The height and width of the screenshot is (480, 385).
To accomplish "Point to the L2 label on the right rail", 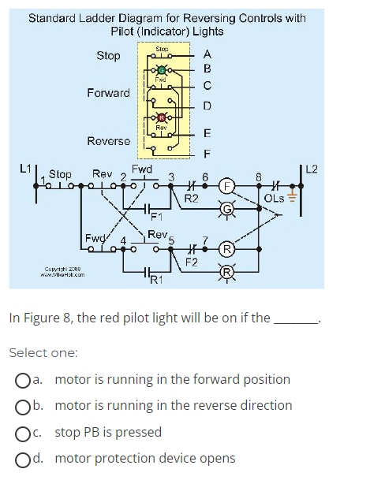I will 312,167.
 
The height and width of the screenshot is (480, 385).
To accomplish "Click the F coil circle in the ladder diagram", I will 226,189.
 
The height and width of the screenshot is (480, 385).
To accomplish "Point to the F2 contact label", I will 192,260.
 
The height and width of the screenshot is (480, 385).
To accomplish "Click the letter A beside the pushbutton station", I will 207,55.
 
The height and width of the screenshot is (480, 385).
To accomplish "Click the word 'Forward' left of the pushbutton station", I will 108,93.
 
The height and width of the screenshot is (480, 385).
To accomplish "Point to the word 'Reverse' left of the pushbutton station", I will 108,141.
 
